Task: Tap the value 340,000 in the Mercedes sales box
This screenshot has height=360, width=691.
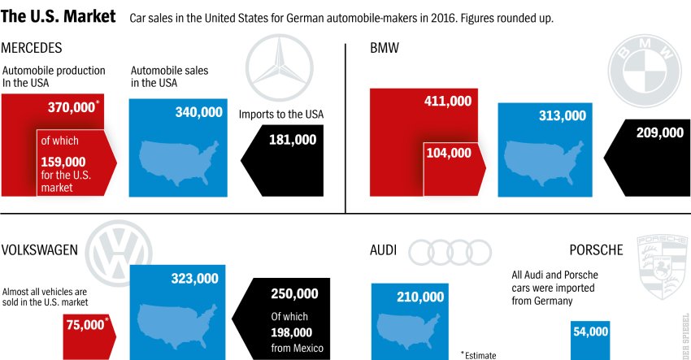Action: tap(198, 112)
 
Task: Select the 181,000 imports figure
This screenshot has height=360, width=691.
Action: tap(292, 140)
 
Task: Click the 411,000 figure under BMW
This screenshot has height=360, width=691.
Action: tap(447, 101)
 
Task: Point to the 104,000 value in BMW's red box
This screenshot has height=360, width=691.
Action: tap(447, 152)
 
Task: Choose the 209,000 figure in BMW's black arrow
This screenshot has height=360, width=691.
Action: tap(659, 132)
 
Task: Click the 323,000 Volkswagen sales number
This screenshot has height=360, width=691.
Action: tap(194, 278)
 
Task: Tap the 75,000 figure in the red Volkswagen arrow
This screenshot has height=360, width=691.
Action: tap(83, 324)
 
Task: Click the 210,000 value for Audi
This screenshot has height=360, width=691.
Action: tap(420, 297)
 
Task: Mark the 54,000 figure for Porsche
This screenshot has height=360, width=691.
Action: tap(590, 332)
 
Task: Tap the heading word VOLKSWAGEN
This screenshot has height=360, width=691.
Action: tap(40, 249)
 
